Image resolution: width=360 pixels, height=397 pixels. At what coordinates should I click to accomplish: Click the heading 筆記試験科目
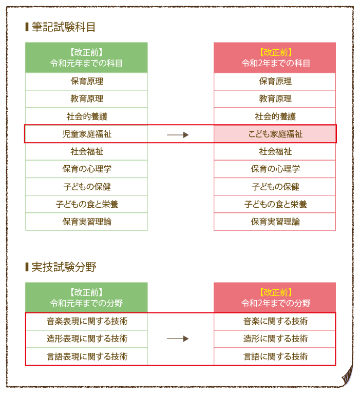(x=63, y=27)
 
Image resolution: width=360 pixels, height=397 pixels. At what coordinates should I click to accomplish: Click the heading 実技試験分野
(x=63, y=267)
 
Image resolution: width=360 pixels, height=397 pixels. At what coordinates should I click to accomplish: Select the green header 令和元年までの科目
(x=86, y=58)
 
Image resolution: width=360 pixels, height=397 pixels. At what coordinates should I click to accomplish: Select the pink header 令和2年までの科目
(x=275, y=58)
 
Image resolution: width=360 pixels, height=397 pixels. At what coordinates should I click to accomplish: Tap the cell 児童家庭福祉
(x=86, y=134)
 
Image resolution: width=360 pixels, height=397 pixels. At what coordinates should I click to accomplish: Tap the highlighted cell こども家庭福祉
(x=275, y=134)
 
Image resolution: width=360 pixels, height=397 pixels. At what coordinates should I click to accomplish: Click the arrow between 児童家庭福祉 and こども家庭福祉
(x=178, y=134)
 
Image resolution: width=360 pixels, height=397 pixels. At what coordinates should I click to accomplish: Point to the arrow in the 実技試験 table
(x=178, y=339)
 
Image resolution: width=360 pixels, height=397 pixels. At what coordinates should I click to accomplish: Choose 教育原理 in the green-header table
(x=86, y=99)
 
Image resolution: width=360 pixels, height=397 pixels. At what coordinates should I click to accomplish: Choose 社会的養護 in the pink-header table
(x=275, y=116)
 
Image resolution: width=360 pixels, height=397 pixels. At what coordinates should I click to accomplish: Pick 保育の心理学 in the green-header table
(x=86, y=169)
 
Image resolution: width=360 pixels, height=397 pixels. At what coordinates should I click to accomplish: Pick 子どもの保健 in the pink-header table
(x=275, y=187)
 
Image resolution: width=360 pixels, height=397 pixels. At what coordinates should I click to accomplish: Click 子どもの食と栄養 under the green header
(x=86, y=204)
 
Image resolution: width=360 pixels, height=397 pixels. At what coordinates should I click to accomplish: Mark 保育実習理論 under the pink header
(x=275, y=222)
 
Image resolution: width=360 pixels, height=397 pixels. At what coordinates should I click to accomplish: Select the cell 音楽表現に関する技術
(x=86, y=322)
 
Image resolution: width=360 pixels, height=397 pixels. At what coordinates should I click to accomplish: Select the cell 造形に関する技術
(x=275, y=339)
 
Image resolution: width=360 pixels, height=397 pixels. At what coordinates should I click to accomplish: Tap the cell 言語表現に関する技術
(x=86, y=356)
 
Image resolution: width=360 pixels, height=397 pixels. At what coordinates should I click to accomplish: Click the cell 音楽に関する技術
(x=275, y=322)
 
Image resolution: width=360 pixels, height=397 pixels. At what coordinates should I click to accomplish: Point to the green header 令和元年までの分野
(x=86, y=298)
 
